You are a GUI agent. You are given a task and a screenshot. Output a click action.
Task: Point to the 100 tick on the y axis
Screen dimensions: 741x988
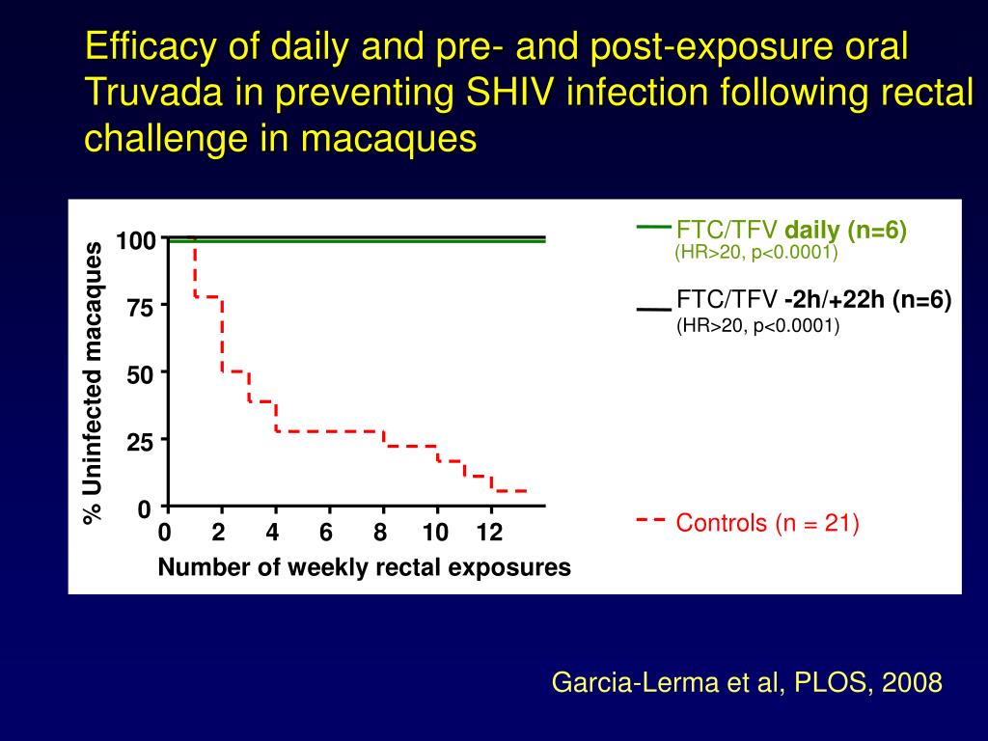tap(136, 240)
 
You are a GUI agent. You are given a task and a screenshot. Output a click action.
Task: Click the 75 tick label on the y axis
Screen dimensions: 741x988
tap(141, 309)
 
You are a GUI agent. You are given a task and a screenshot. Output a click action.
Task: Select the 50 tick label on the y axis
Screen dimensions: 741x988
tap(141, 376)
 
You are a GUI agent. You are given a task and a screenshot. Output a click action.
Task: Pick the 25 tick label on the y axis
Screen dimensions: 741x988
tap(141, 444)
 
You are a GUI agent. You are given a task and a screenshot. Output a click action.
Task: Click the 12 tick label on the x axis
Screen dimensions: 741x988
tap(490, 533)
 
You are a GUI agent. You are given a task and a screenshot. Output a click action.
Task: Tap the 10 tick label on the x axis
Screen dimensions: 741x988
tap(435, 533)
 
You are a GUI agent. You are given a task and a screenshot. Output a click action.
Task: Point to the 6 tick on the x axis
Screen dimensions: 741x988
tap(327, 533)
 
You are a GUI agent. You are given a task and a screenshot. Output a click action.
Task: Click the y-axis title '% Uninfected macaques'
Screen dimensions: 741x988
tap(93, 384)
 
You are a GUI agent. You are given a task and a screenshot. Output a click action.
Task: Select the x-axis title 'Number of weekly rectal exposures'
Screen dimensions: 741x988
tap(364, 567)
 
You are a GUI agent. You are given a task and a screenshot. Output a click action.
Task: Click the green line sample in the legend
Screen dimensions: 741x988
tap(653, 228)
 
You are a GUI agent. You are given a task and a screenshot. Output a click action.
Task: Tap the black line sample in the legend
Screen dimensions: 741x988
tap(653, 310)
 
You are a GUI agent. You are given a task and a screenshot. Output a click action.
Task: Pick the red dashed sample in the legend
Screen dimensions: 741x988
tap(651, 520)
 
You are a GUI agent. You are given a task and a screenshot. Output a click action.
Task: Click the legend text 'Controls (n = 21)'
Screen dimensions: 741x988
tap(767, 524)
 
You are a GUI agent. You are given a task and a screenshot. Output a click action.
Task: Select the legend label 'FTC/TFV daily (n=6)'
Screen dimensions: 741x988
tap(791, 231)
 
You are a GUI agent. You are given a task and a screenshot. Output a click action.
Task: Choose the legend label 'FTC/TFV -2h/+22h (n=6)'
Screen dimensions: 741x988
tap(813, 300)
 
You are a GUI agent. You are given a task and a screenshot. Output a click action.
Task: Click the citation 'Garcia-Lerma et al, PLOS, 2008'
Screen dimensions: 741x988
tap(746, 683)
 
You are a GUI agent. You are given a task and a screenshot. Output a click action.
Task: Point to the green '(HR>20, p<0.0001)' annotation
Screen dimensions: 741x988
tap(755, 253)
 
